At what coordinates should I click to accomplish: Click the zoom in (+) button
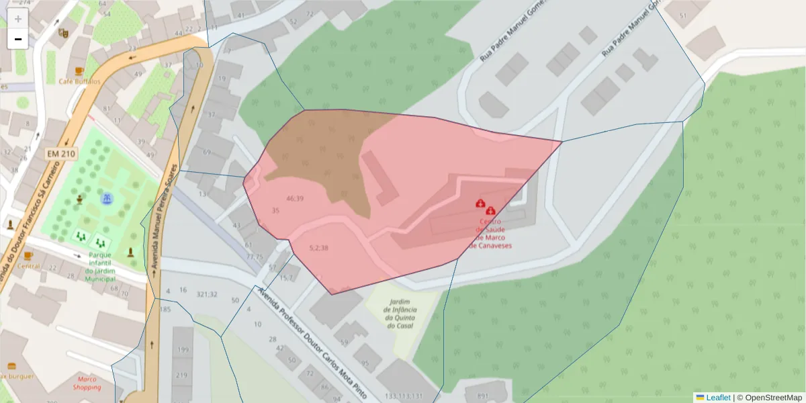(17, 19)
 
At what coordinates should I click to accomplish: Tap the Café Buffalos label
(79, 81)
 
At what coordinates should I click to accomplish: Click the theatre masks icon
(64, 32)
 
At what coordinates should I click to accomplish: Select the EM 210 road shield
(60, 154)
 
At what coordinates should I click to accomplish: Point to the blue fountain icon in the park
(106, 199)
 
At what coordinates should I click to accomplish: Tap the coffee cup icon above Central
(28, 256)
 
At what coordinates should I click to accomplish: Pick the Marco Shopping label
(87, 383)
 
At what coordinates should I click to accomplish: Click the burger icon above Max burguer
(11, 366)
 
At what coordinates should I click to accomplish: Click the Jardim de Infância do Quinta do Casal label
(400, 314)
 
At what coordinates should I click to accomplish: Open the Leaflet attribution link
(718, 398)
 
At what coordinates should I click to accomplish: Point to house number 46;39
(295, 198)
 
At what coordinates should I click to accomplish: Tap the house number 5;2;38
(318, 248)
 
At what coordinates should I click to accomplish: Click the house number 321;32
(207, 294)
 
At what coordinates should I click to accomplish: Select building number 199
(183, 350)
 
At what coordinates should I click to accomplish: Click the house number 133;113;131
(404, 396)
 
